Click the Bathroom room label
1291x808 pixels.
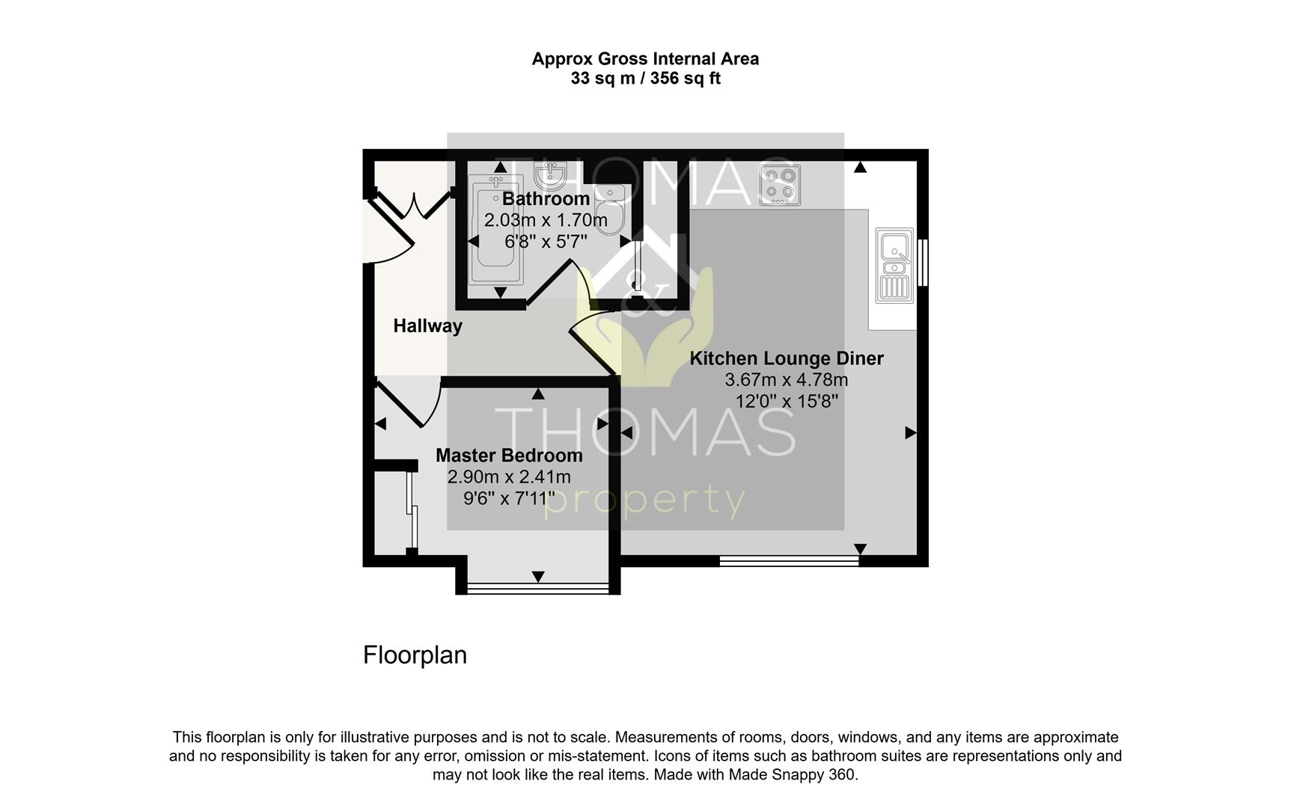(x=546, y=199)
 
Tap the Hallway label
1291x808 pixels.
(x=428, y=326)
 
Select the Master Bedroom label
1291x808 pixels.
(x=509, y=456)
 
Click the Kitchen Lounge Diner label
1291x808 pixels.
(x=787, y=358)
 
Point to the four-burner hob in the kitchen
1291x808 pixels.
(x=780, y=185)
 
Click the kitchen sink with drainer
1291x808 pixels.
(x=895, y=266)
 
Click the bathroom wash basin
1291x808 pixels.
(x=550, y=177)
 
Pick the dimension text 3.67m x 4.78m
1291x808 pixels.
(x=787, y=380)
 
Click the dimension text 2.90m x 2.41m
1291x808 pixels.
(x=509, y=477)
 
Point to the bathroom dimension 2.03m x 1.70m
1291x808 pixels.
(x=546, y=221)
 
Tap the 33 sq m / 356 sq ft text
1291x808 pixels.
(x=645, y=79)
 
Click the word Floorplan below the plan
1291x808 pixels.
(x=415, y=655)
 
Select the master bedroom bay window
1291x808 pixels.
(x=538, y=588)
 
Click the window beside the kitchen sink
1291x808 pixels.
(x=923, y=262)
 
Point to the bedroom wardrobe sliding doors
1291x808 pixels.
(x=412, y=512)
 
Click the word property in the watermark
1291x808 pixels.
(x=644, y=501)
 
